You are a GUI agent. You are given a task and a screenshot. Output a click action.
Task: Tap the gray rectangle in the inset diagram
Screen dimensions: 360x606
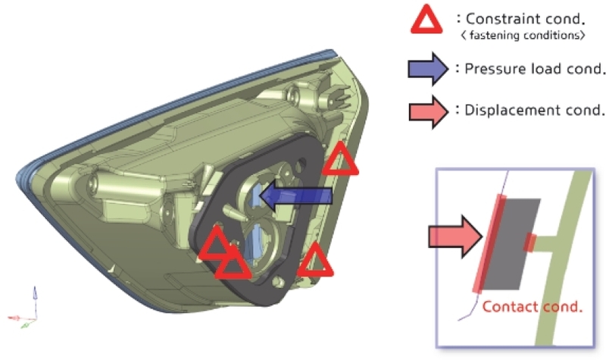511,244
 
